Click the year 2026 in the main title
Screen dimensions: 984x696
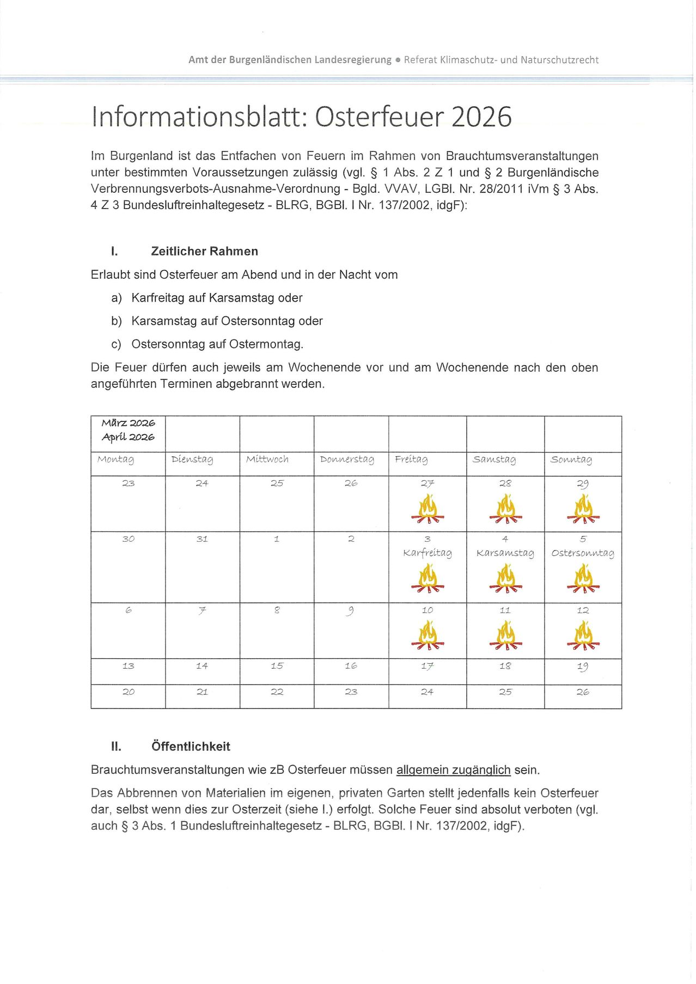tap(481, 117)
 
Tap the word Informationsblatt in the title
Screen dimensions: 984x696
tap(196, 117)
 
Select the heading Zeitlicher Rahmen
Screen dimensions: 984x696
tap(204, 251)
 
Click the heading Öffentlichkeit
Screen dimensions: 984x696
tap(191, 746)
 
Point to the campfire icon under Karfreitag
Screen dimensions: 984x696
tap(428, 578)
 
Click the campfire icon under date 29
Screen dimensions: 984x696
tap(583, 509)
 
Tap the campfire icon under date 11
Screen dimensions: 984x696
tap(505, 635)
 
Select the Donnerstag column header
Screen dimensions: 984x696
tap(347, 460)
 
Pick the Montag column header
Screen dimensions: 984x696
tap(115, 460)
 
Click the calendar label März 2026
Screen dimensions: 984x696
tap(129, 423)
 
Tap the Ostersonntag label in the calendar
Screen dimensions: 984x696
tap(582, 553)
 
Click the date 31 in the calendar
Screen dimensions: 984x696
tap(202, 539)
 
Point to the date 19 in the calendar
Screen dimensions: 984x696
tap(583, 666)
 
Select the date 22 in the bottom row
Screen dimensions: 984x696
tap(277, 692)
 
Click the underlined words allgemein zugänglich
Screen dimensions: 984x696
tap(453, 770)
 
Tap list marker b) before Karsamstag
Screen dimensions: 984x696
tap(117, 321)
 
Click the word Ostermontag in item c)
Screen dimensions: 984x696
tap(266, 344)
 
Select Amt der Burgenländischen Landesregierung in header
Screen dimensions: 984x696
tap(290, 60)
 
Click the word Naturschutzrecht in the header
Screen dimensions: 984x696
tap(559, 60)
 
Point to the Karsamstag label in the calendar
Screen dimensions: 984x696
tap(505, 553)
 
